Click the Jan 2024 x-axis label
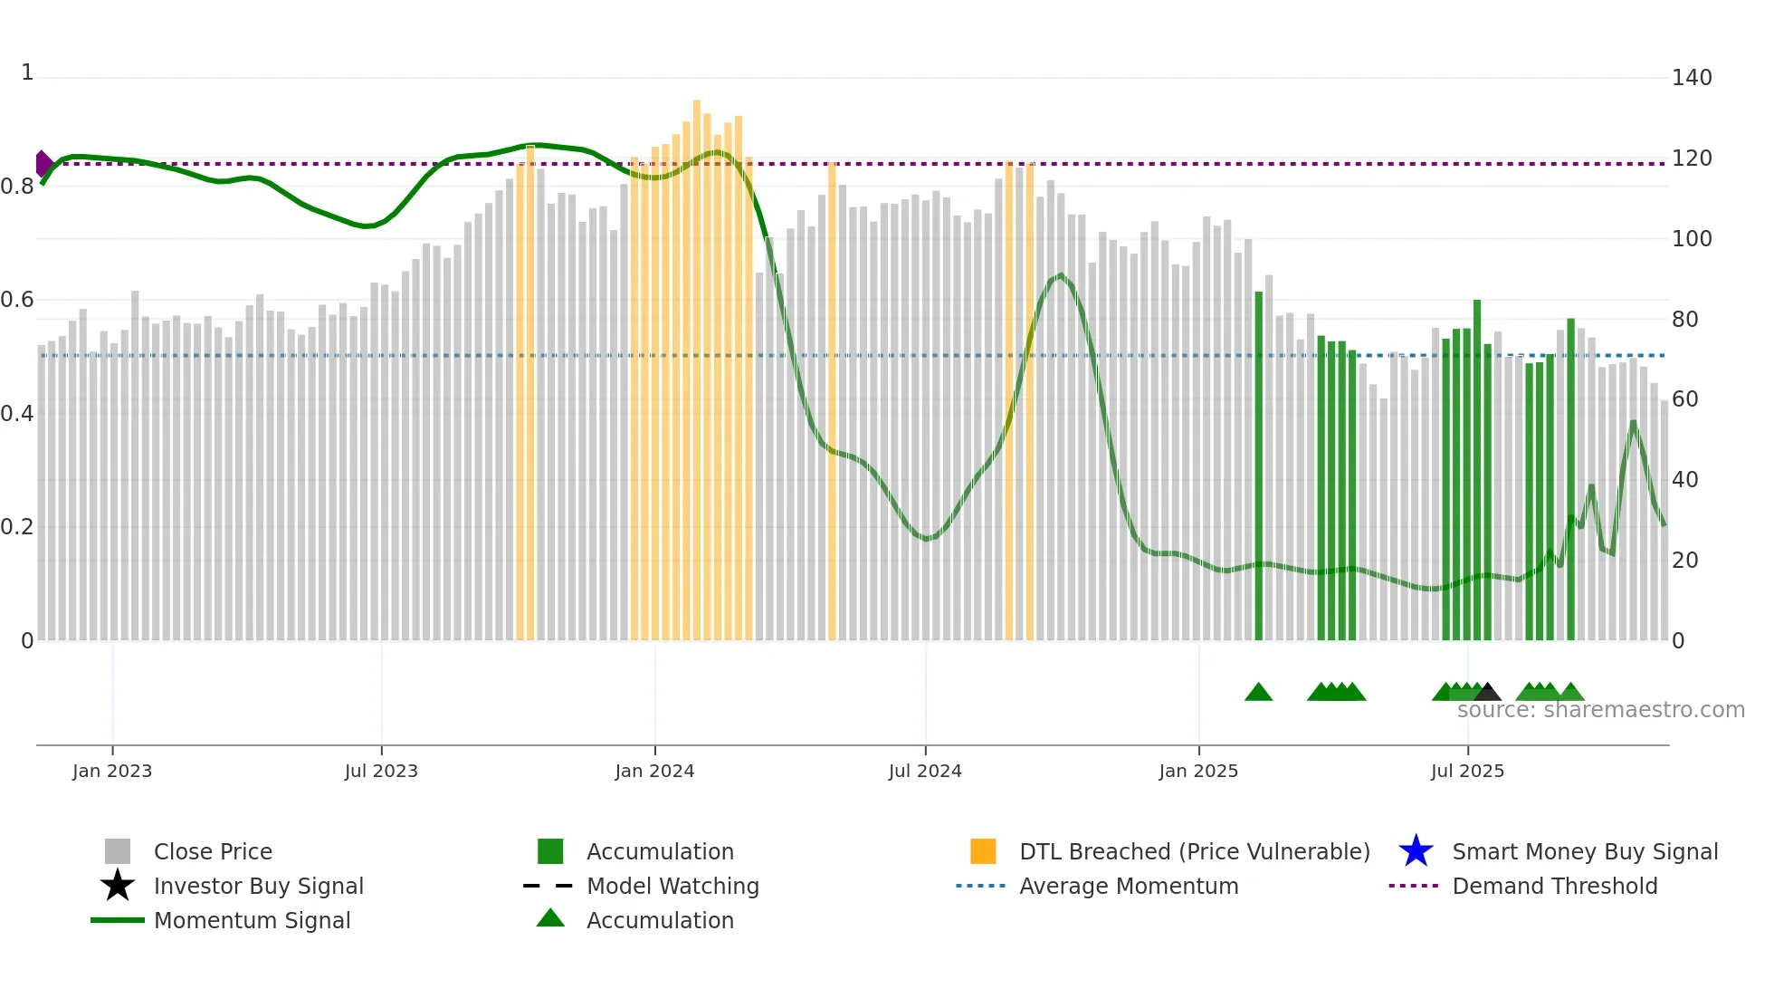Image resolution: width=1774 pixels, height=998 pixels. click(x=654, y=771)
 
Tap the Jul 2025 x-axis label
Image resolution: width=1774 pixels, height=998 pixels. click(x=1467, y=771)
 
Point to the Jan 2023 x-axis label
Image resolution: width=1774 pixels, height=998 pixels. click(x=112, y=771)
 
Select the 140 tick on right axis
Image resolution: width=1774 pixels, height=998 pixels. click(x=1691, y=78)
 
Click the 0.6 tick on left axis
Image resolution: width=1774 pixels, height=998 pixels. click(x=17, y=300)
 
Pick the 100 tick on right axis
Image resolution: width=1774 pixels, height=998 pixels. click(x=1691, y=239)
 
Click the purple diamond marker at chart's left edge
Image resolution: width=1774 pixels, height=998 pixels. click(x=43, y=164)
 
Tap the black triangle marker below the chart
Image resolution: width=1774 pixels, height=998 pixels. click(x=1487, y=693)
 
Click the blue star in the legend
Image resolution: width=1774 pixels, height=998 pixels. click(x=1416, y=851)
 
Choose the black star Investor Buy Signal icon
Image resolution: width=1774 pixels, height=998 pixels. click(x=118, y=886)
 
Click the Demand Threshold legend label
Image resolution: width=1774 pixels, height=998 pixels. click(x=1554, y=886)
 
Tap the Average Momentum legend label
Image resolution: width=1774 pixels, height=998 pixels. click(x=1128, y=886)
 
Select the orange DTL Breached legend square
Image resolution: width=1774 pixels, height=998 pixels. click(x=983, y=851)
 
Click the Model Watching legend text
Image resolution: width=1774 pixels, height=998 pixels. click(x=672, y=886)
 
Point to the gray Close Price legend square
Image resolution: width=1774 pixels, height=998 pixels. click(x=118, y=851)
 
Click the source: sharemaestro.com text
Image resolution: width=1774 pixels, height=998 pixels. click(x=1600, y=710)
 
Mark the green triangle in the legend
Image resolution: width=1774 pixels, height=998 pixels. click(x=550, y=918)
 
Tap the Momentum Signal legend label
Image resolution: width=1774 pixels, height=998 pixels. click(x=252, y=920)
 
